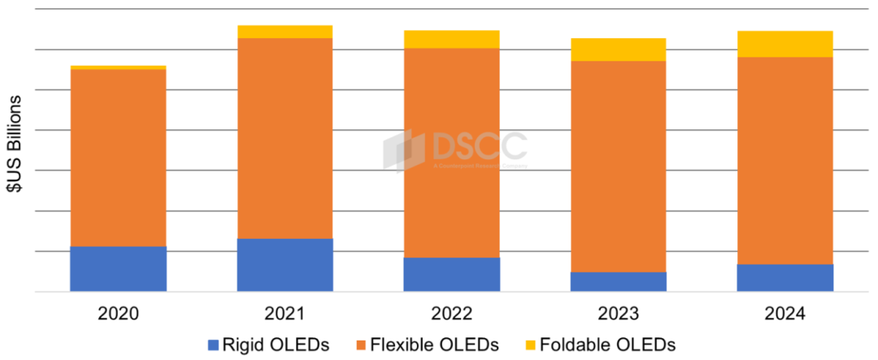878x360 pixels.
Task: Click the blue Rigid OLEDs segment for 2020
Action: click(118, 268)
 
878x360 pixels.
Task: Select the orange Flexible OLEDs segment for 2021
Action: click(285, 138)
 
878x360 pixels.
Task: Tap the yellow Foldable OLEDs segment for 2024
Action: click(785, 44)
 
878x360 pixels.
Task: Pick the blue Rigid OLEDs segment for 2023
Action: click(618, 281)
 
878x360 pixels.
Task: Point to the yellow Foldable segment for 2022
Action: click(451, 39)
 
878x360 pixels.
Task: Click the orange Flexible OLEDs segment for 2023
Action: click(618, 167)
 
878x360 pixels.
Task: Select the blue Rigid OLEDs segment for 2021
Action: click(285, 264)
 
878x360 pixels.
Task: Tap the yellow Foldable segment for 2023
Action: click(618, 50)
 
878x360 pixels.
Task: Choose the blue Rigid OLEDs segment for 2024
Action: click(785, 277)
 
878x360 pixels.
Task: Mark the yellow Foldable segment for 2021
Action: click(285, 32)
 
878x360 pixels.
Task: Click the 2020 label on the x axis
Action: click(118, 314)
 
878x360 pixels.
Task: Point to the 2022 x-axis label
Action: click(451, 314)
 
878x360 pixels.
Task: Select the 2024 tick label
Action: click(785, 314)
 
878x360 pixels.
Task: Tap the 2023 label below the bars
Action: click(618, 314)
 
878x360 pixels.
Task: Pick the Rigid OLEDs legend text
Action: click(277, 345)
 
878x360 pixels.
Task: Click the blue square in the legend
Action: click(215, 345)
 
